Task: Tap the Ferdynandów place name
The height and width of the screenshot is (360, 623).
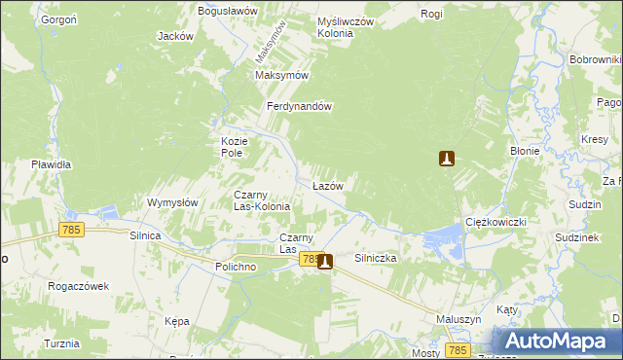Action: (301, 107)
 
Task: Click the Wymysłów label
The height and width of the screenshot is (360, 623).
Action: (172, 202)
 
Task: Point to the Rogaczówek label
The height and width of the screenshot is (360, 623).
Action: (78, 286)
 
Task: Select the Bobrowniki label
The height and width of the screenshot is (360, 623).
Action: (596, 60)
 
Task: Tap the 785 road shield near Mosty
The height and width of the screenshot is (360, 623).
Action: (458, 348)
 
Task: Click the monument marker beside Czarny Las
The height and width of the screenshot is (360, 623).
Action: (324, 260)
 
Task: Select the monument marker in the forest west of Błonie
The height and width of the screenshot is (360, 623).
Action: (447, 159)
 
